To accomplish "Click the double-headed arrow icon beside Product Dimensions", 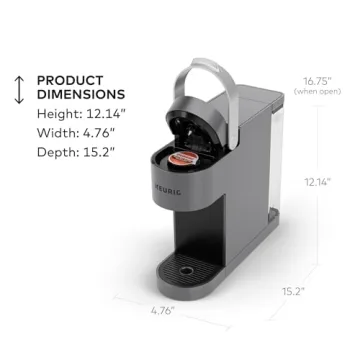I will tap(17, 89).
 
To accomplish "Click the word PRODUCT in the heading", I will tap(69, 81).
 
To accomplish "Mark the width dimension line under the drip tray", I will tap(180, 300).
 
